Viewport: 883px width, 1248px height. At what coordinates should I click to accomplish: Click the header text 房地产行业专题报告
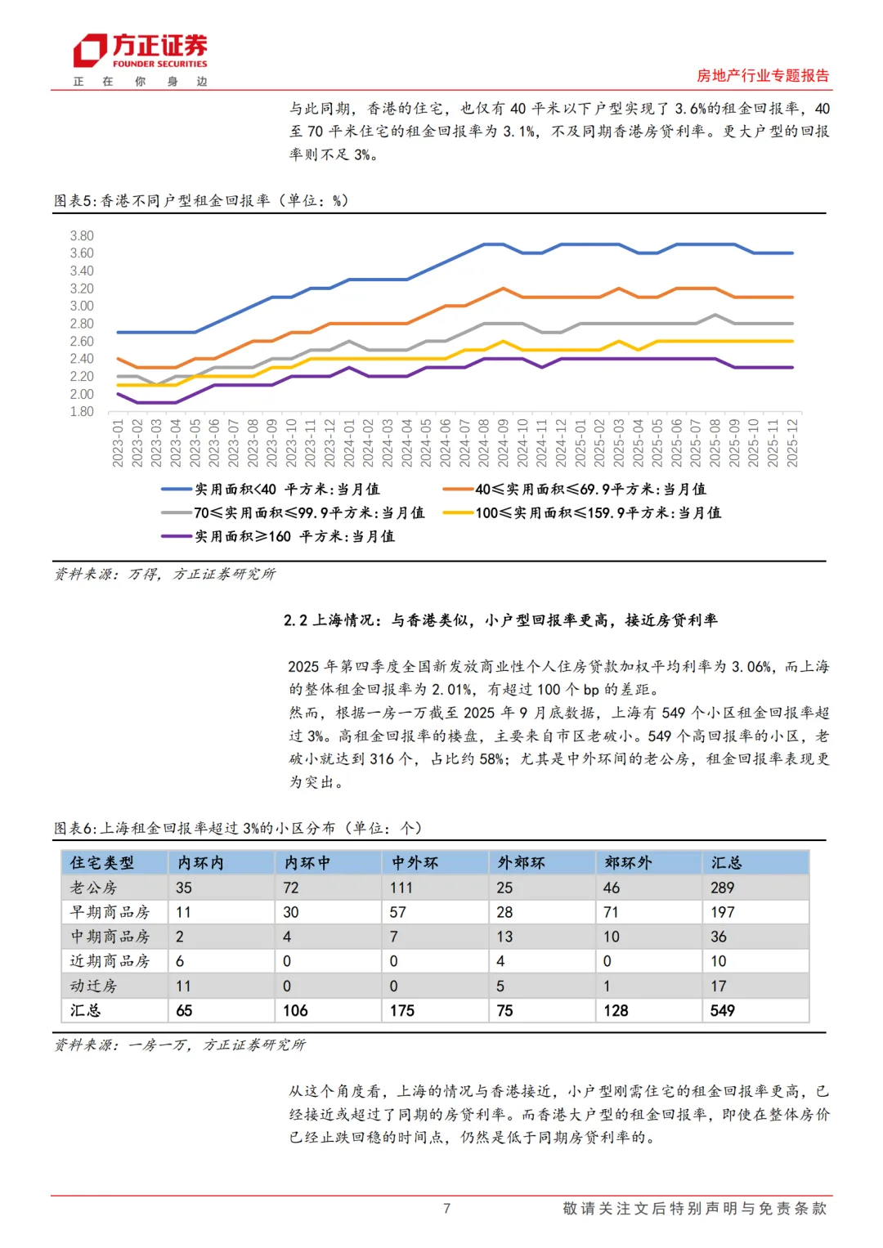click(x=762, y=76)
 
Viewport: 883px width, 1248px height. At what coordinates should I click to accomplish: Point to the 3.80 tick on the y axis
click(x=82, y=236)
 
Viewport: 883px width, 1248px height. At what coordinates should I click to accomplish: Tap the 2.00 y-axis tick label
click(x=82, y=394)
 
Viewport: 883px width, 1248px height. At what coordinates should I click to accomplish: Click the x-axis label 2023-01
click(x=118, y=443)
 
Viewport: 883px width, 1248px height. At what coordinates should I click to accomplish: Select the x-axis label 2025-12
click(x=791, y=443)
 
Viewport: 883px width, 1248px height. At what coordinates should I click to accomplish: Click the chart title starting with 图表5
click(x=201, y=201)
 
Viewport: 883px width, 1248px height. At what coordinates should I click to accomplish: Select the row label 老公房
click(x=94, y=888)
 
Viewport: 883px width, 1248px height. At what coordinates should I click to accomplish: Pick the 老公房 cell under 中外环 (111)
click(x=401, y=888)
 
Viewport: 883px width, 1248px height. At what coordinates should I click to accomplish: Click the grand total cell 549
click(x=722, y=1011)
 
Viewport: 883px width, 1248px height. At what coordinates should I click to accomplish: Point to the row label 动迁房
click(x=94, y=986)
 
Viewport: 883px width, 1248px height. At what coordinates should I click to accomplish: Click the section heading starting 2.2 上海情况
click(x=500, y=620)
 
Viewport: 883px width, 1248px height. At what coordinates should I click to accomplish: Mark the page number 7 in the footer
click(x=446, y=1209)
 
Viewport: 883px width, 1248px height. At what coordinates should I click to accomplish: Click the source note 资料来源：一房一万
click(x=180, y=1045)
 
